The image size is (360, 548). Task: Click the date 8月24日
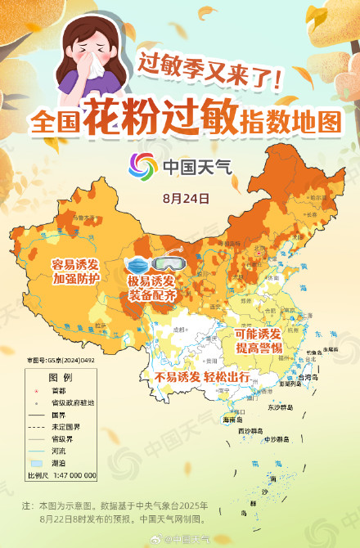(x=186, y=199)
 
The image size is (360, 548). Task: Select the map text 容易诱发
(x=75, y=265)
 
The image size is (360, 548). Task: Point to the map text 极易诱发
(x=152, y=282)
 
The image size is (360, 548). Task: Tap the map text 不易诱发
(x=178, y=377)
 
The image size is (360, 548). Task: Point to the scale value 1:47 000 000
(x=74, y=475)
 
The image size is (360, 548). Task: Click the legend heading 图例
(x=60, y=378)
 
